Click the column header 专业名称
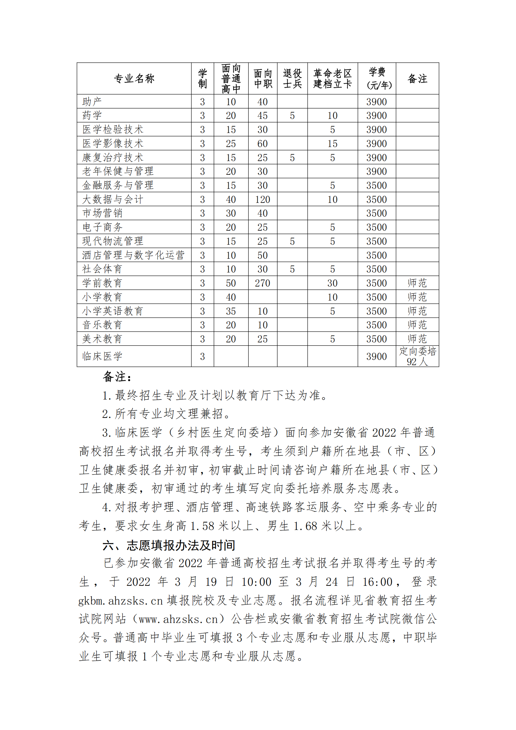click(134, 78)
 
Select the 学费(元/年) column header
click(377, 78)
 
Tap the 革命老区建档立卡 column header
click(333, 78)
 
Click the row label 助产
click(92, 102)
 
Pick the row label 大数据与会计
click(113, 199)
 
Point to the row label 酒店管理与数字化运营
click(134, 255)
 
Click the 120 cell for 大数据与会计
click(262, 199)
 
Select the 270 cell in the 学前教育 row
click(262, 283)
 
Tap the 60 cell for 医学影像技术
click(262, 144)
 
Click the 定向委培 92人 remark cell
click(417, 356)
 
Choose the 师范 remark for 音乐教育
click(417, 325)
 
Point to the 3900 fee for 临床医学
click(377, 356)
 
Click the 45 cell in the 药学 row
click(262, 116)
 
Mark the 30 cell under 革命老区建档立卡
click(332, 283)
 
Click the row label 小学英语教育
click(113, 311)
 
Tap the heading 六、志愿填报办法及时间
click(169, 545)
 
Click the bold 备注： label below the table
click(117, 377)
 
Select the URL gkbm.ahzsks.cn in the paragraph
click(121, 600)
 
